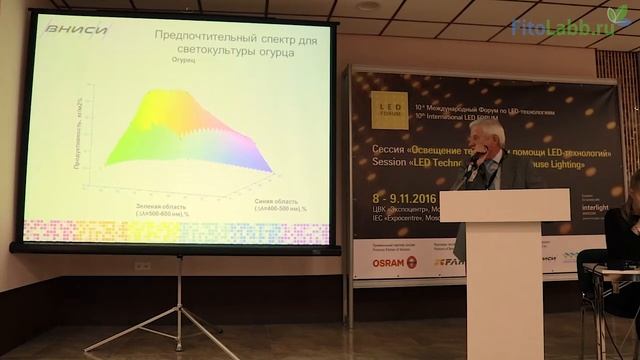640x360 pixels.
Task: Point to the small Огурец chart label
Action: coord(185,63)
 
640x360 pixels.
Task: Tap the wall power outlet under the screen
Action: coord(143,266)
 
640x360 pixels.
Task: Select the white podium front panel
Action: coord(504,280)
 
